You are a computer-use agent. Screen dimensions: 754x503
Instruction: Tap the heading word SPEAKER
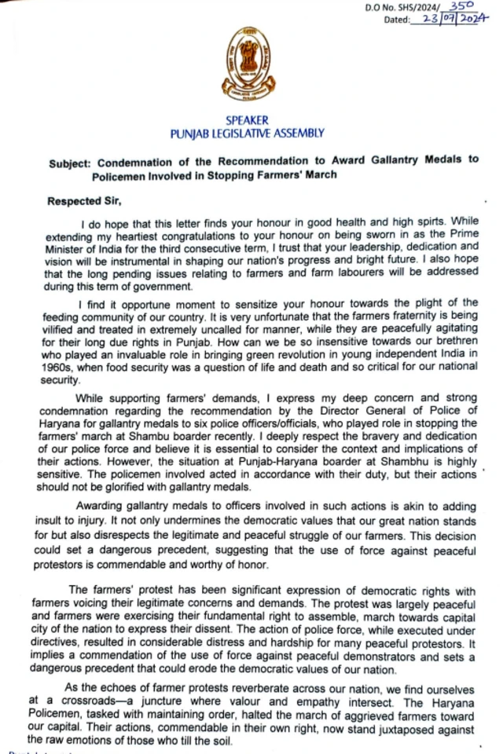pos(247,122)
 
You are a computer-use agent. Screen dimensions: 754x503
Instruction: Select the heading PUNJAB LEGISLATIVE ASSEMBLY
pos(247,134)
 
